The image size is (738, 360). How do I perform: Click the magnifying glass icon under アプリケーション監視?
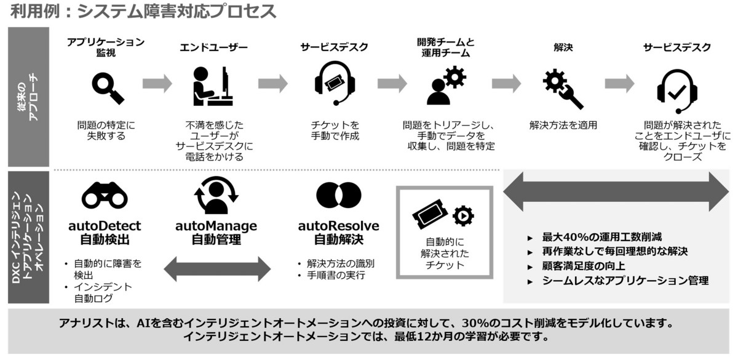pyautogui.click(x=108, y=87)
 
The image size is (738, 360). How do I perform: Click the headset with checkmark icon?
pyautogui.click(x=676, y=87)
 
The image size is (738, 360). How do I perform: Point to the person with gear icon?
pyautogui.click(x=446, y=85)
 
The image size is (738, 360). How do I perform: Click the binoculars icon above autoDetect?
pyautogui.click(x=104, y=196)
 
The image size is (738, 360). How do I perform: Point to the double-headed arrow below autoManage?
pyautogui.click(x=217, y=269)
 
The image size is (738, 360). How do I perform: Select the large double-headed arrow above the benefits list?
pyautogui.click(x=616, y=192)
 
